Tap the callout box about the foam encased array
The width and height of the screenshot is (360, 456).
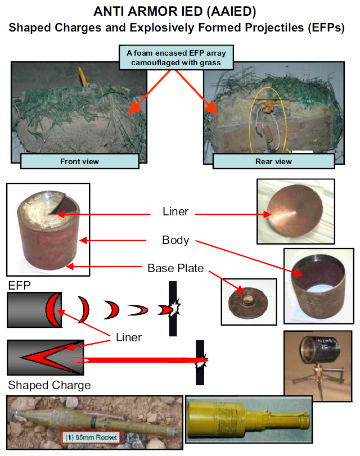[176, 57]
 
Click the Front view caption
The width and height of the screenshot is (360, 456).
[79, 161]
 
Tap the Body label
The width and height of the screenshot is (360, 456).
[175, 240]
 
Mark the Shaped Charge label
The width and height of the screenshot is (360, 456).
[49, 385]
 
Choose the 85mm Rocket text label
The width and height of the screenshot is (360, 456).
[91, 436]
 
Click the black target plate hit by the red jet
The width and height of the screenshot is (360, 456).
[200, 363]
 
